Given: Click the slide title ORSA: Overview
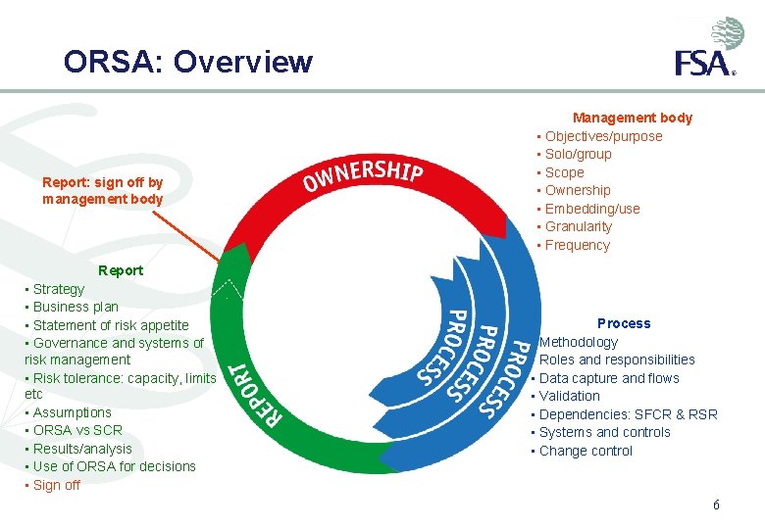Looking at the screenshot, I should coord(188,62).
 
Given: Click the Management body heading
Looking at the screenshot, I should coord(633,118).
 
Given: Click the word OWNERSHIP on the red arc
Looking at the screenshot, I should coord(362,175).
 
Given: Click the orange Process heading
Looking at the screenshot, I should coord(624,323).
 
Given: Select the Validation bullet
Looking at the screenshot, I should coord(569,396).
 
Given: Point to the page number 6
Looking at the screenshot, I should coord(716,505).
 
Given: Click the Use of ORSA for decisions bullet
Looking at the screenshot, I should coord(114,466).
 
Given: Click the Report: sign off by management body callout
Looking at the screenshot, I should coord(103,191).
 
